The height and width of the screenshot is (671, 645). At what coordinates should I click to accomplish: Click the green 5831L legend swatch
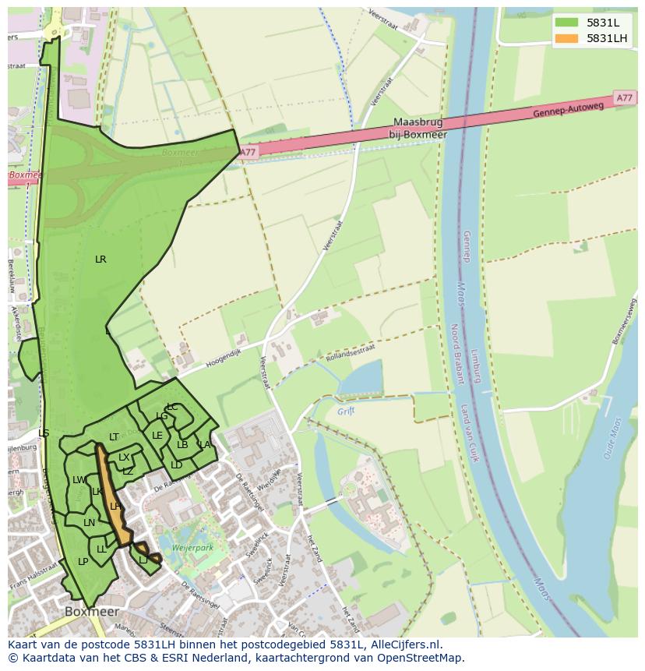(566, 23)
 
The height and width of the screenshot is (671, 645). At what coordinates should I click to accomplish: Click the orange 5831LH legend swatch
(566, 38)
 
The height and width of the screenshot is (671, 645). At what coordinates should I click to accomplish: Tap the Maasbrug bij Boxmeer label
(420, 128)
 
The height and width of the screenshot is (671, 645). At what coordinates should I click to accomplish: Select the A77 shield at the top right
(624, 98)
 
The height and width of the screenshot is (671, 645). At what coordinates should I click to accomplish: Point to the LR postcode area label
(100, 260)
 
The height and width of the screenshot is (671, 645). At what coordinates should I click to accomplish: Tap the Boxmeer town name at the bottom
(92, 612)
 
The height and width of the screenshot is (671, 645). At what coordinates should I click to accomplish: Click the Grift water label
(346, 411)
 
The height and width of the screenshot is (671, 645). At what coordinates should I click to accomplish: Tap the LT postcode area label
(114, 437)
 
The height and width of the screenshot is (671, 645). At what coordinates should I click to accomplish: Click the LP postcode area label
(83, 562)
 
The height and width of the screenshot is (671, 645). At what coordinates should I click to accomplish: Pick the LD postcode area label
(177, 465)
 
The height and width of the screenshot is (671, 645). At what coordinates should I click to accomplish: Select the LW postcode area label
(79, 480)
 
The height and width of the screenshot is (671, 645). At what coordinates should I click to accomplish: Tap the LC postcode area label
(172, 407)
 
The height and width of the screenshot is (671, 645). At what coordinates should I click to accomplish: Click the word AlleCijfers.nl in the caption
(404, 645)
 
